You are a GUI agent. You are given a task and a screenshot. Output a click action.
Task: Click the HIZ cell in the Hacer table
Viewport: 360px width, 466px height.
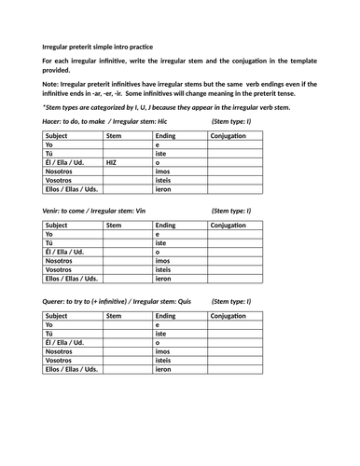click(111, 162)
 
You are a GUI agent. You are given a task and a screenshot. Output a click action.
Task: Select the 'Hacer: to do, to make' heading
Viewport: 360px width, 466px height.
click(76, 122)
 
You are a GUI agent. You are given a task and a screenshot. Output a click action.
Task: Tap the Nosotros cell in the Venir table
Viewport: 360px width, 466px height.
click(60, 261)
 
